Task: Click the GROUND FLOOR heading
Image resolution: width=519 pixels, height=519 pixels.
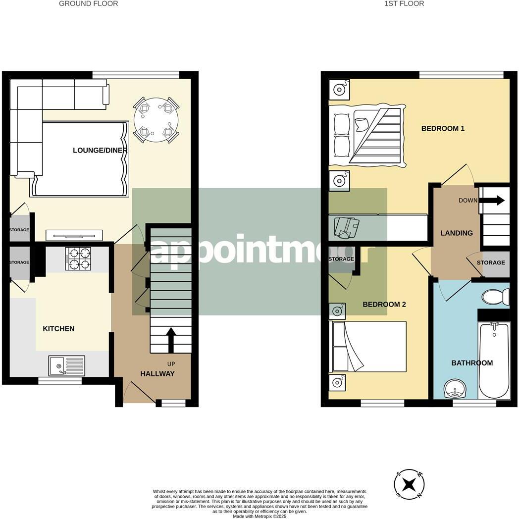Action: pos(88,3)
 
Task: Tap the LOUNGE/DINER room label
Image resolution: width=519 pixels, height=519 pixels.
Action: pos(100,151)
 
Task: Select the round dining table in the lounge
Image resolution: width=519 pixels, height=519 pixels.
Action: pos(156,119)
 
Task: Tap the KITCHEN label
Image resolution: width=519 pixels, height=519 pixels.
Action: pos(58,329)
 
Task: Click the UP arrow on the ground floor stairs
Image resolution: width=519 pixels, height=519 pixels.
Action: pos(170,339)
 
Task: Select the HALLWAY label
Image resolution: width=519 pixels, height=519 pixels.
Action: pos(157,374)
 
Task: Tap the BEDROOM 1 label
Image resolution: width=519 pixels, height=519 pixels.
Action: pos(443,129)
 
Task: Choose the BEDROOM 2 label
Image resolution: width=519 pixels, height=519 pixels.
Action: pos(384,305)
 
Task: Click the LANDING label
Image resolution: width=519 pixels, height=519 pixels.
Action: pos(457,233)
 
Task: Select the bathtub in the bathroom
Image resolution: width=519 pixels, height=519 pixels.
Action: pos(494,362)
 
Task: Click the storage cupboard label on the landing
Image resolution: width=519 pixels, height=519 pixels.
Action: pos(491,262)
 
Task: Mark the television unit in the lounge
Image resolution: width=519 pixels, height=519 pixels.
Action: pos(74,235)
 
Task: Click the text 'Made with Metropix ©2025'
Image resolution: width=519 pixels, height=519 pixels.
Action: pos(259,516)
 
